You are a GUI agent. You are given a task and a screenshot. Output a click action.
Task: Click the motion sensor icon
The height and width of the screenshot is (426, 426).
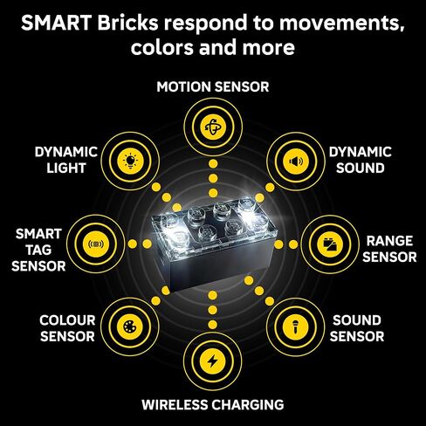pyautogui.click(x=213, y=127)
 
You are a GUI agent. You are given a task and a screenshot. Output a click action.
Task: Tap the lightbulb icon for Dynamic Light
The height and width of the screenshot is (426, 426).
pyautogui.click(x=130, y=161)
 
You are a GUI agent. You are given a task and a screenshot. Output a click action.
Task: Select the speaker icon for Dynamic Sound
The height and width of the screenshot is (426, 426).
pyautogui.click(x=296, y=161)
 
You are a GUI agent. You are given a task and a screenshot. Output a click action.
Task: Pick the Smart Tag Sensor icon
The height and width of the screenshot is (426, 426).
pyautogui.click(x=96, y=244)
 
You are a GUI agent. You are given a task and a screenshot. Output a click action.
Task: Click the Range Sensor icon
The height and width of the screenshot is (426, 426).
pyautogui.click(x=330, y=244)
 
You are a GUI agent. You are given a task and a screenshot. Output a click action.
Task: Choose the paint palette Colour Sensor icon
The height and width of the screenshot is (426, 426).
pyautogui.click(x=130, y=326)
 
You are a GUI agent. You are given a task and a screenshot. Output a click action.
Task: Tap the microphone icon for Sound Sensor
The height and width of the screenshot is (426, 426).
pyautogui.click(x=295, y=326)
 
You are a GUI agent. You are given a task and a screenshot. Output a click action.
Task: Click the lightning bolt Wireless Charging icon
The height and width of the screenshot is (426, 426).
pyautogui.click(x=213, y=361)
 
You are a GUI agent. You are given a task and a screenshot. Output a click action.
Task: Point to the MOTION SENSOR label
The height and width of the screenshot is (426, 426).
pyautogui.click(x=213, y=86)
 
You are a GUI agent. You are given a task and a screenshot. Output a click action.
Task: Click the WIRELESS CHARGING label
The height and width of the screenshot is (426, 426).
pyautogui.click(x=213, y=404)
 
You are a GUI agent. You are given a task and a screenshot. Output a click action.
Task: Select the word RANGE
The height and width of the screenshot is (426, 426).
pyautogui.click(x=389, y=241)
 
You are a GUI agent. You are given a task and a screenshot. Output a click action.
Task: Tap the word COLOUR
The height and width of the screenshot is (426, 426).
pyautogui.click(x=67, y=320)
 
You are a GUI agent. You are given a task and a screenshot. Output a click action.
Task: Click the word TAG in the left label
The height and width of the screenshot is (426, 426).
pyautogui.click(x=38, y=250)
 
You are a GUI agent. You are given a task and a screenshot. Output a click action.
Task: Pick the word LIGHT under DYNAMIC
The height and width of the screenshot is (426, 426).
pyautogui.click(x=66, y=168)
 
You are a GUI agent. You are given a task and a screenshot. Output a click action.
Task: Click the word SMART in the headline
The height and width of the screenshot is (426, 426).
pyautogui.click(x=57, y=23)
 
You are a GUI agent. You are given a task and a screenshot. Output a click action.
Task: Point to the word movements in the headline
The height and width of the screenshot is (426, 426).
pyautogui.click(x=342, y=24)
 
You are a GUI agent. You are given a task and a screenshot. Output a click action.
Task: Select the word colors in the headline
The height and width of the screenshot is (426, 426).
pyautogui.click(x=162, y=47)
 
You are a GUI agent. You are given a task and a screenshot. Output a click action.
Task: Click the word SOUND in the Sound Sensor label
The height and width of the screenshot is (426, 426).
pyautogui.click(x=357, y=320)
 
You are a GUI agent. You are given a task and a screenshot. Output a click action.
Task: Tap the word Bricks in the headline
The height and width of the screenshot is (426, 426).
pyautogui.click(x=128, y=23)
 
